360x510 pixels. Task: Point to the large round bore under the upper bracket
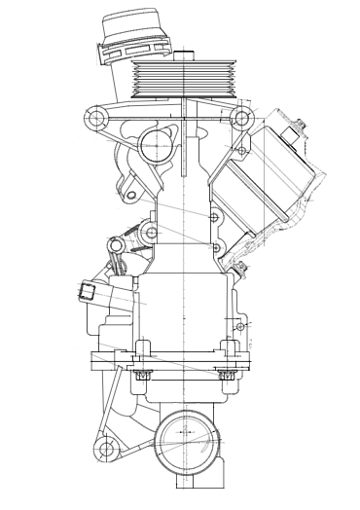156,147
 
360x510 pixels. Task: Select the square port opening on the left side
90,291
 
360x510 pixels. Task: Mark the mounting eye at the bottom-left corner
101,449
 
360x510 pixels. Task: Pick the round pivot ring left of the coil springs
150,233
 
